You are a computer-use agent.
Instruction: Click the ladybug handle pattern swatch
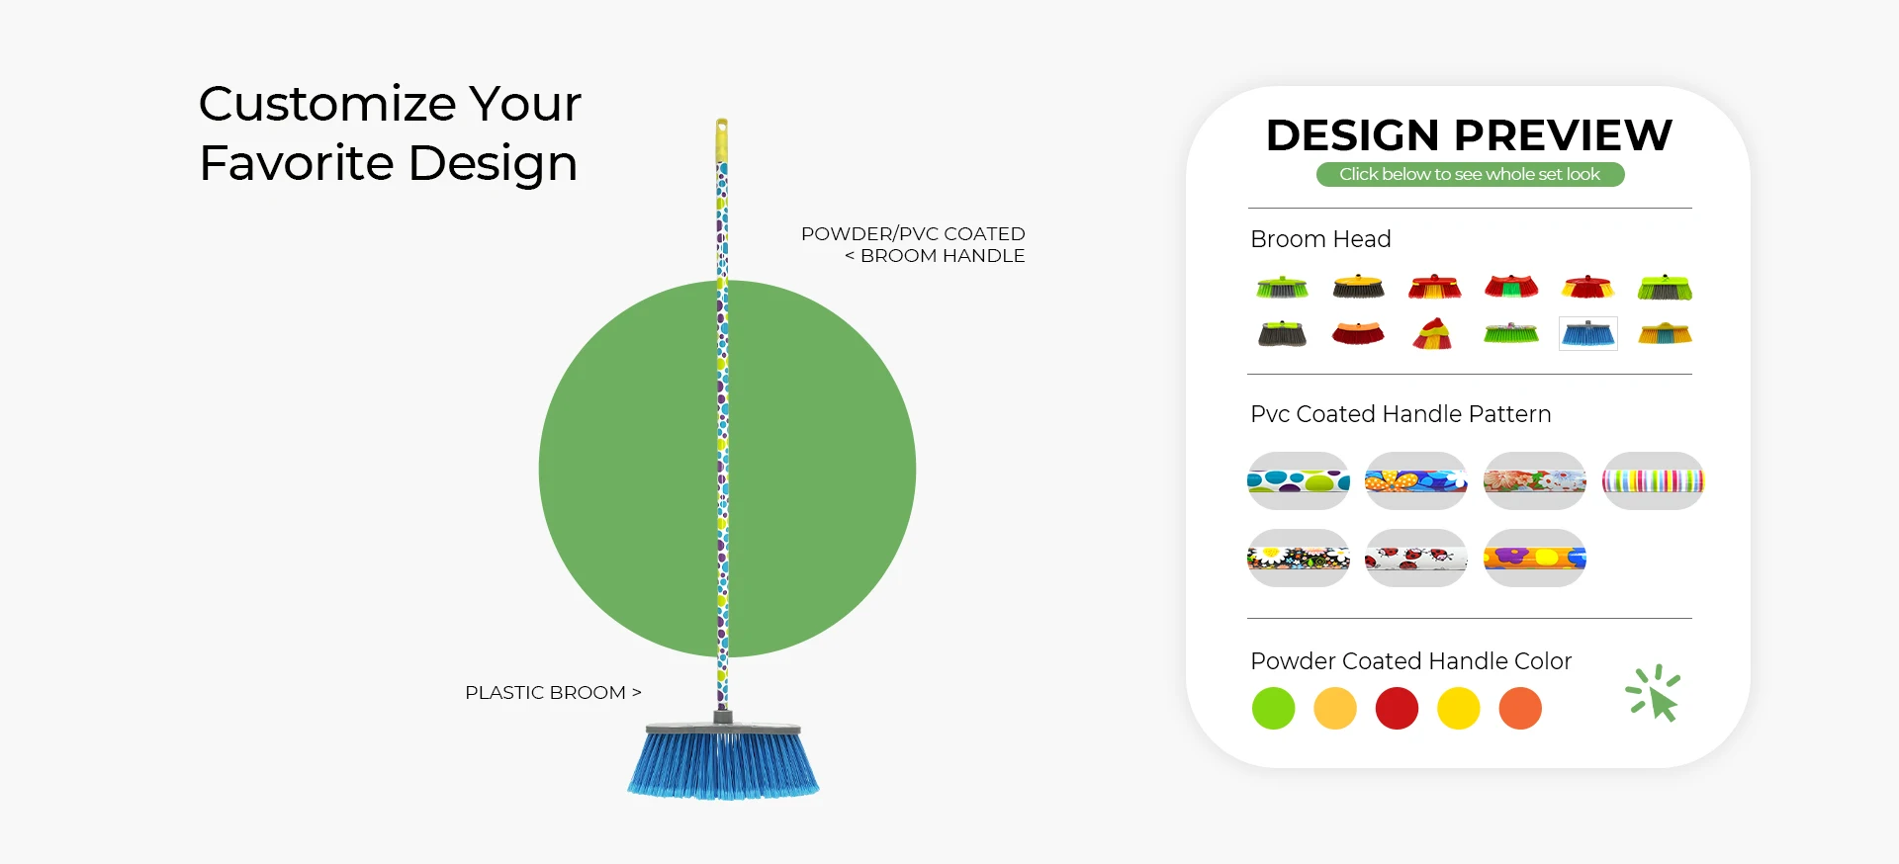(x=1416, y=559)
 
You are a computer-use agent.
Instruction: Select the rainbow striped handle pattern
(x=1653, y=481)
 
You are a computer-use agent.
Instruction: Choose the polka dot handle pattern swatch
(x=1299, y=481)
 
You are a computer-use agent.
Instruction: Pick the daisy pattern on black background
(x=1299, y=559)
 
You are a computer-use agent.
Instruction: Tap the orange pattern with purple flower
(x=1535, y=559)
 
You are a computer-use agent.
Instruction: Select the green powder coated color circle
(x=1273, y=709)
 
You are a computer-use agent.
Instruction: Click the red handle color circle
(x=1397, y=709)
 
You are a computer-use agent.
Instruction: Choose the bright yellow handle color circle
(x=1459, y=709)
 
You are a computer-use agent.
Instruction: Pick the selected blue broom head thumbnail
(x=1588, y=334)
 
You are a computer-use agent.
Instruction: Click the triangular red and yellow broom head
(x=1432, y=333)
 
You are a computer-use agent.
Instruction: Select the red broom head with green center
(x=1511, y=287)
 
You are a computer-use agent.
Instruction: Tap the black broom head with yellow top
(x=1358, y=287)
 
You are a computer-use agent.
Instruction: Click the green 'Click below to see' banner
(x=1470, y=174)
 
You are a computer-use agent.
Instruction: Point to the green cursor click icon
(x=1655, y=693)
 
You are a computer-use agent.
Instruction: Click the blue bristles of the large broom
(x=723, y=764)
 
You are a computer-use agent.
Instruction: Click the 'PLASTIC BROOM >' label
(x=553, y=693)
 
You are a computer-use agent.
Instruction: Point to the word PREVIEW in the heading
(x=1563, y=135)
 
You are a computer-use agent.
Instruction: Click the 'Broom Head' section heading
(x=1320, y=239)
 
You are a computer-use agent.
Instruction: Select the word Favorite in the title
(x=297, y=163)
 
